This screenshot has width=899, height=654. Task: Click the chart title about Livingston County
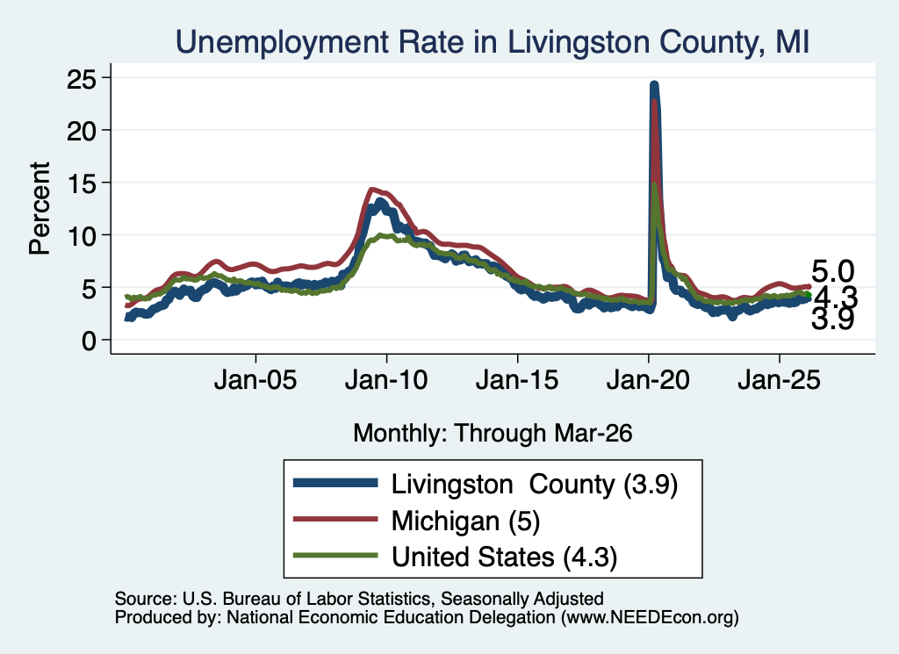[493, 42]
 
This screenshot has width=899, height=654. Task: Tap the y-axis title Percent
[40, 209]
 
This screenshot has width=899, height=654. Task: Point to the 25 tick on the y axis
[81, 79]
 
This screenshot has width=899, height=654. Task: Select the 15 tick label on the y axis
[81, 183]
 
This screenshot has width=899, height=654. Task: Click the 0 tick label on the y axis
[89, 341]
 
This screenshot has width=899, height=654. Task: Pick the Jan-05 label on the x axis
[255, 380]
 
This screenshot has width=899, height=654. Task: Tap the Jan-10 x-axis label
[386, 380]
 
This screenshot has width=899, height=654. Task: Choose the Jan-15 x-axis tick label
[517, 380]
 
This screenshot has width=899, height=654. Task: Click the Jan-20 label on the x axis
[648, 380]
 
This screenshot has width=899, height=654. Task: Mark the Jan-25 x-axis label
[780, 380]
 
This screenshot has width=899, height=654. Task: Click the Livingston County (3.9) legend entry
[535, 485]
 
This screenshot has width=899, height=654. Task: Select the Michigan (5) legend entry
[465, 521]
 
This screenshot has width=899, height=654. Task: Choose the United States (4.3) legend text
[504, 557]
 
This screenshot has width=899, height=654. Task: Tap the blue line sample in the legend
[335, 483]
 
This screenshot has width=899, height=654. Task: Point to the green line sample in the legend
[335, 556]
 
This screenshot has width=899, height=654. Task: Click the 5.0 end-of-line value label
[832, 271]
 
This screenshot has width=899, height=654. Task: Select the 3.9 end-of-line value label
[832, 319]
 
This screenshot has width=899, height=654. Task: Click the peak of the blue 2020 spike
[654, 85]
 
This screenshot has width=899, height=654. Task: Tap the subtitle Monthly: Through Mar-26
[493, 434]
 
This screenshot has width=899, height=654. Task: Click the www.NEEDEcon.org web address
[650, 617]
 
